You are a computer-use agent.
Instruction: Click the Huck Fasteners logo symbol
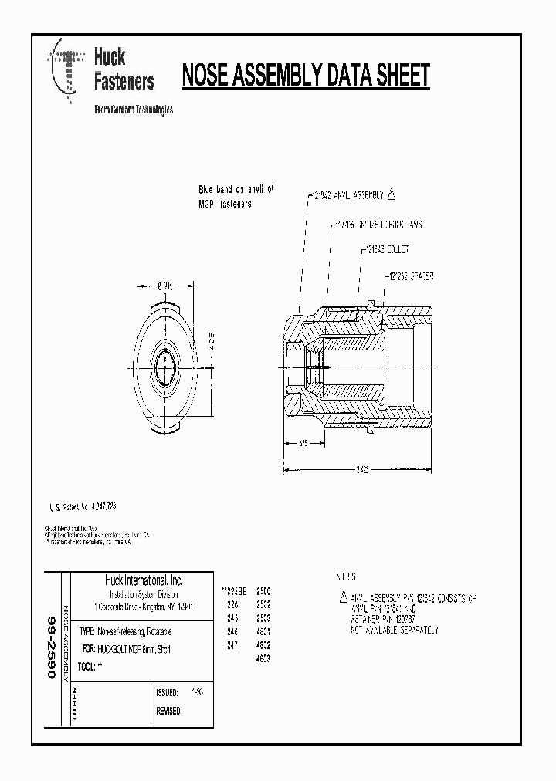coord(66,69)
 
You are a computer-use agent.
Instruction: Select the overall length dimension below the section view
coord(361,468)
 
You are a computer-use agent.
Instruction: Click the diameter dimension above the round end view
coord(166,285)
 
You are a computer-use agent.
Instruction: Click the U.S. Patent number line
coord(83,506)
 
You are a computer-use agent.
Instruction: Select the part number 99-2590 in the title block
coord(52,647)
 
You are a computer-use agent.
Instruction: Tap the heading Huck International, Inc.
coord(144,580)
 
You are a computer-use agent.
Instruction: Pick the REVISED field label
coord(169,711)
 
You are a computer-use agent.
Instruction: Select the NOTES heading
coord(346,576)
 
